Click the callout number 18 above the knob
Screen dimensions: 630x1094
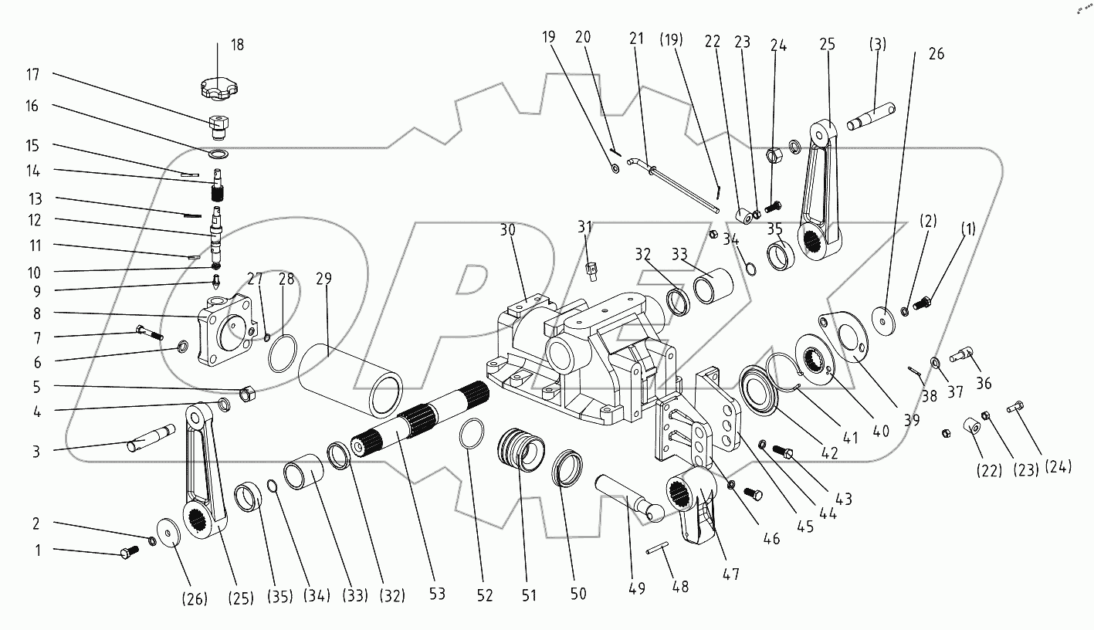pyautogui.click(x=236, y=45)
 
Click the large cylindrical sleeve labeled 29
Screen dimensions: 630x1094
pyautogui.click(x=351, y=376)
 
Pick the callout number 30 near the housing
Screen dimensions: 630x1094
pyautogui.click(x=506, y=230)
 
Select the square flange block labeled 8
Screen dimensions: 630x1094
pyautogui.click(x=225, y=330)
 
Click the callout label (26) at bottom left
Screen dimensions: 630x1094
pyautogui.click(x=194, y=598)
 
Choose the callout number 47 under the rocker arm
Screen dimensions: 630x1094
pyautogui.click(x=730, y=574)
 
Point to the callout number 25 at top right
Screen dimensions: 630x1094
pyautogui.click(x=828, y=45)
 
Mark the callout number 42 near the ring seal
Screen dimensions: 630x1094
pyautogui.click(x=828, y=454)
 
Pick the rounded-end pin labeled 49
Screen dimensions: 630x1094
pyautogui.click(x=627, y=496)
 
